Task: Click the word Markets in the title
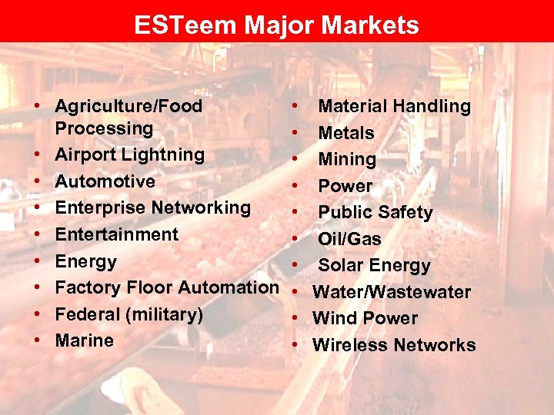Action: (370, 25)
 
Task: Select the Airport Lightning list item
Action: (130, 154)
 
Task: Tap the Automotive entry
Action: (105, 181)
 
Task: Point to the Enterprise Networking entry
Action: (153, 207)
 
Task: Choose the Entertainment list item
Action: (117, 234)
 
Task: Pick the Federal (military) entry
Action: (129, 314)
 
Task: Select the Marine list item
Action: (85, 340)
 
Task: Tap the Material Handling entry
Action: (395, 106)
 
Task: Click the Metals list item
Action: (346, 133)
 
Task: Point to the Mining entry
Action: (347, 159)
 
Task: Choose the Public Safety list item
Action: (375, 212)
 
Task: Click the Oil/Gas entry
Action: (349, 239)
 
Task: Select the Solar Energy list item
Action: (375, 265)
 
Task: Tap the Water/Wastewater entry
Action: (392, 292)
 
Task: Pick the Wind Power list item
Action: (365, 318)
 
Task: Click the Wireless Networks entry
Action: (394, 345)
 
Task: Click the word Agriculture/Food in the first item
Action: (129, 106)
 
